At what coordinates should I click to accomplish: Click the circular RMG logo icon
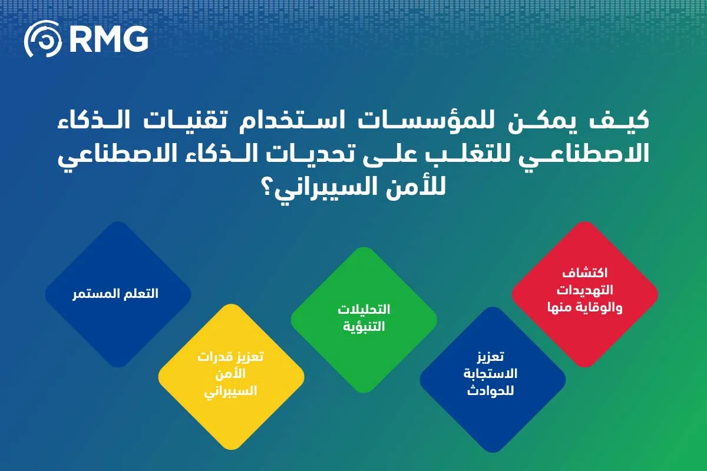(42, 38)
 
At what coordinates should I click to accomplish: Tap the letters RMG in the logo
(108, 38)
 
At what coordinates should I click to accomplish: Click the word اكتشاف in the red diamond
(585, 274)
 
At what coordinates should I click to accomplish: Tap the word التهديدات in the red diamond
(585, 290)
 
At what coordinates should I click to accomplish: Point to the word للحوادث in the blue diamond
(490, 390)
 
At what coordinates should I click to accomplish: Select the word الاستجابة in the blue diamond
(490, 374)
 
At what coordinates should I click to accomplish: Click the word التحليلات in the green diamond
(364, 310)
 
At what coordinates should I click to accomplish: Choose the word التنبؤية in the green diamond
(364, 326)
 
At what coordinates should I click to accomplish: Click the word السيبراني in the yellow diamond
(231, 390)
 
